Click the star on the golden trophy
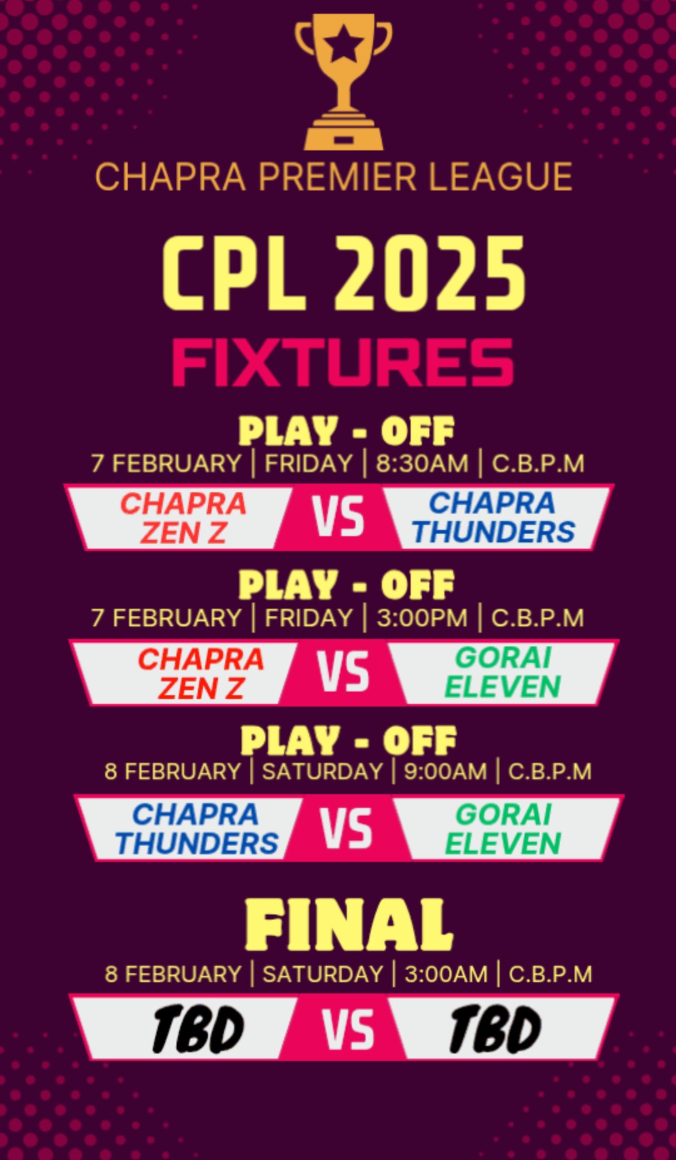click(x=344, y=45)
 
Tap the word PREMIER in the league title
click(x=337, y=177)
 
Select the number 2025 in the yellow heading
click(x=431, y=274)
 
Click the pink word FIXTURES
click(x=343, y=363)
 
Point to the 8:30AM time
click(x=422, y=464)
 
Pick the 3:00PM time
click(x=422, y=618)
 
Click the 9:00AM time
click(x=445, y=772)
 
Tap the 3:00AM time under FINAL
click(x=446, y=975)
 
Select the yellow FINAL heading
click(x=349, y=925)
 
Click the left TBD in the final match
click(x=198, y=1029)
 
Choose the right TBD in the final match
click(x=495, y=1029)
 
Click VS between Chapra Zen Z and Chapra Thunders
click(x=338, y=517)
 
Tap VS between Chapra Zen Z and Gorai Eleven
click(x=343, y=672)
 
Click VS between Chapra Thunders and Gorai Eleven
click(x=346, y=827)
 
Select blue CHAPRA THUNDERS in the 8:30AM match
click(x=493, y=517)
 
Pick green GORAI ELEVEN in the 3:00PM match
click(x=503, y=672)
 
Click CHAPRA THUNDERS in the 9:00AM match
click(x=197, y=829)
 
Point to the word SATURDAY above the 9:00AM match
click(x=322, y=772)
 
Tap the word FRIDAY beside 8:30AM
click(x=309, y=464)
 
